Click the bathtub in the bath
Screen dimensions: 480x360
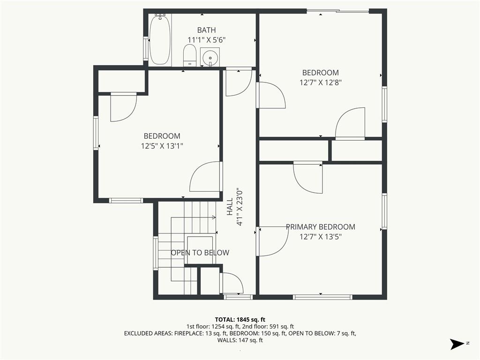(x=160, y=39)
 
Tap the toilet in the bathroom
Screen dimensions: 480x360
(x=190, y=55)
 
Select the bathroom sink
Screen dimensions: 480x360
(x=210, y=57)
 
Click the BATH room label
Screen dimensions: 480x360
(x=206, y=30)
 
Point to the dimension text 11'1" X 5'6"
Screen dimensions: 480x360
(x=206, y=40)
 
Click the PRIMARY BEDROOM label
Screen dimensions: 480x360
(x=321, y=227)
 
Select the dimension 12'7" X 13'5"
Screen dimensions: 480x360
(x=321, y=237)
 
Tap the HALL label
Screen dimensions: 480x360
(x=230, y=206)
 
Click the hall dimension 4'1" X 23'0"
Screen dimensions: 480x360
(x=240, y=206)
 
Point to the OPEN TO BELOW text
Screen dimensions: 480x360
(x=200, y=253)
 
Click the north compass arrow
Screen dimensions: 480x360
(x=457, y=344)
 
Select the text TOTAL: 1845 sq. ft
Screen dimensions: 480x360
(x=240, y=320)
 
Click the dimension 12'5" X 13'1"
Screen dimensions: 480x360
(x=162, y=146)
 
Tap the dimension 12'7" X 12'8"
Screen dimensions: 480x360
(x=321, y=82)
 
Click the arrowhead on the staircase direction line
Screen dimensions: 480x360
(x=214, y=217)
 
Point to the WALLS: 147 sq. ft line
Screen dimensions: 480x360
(x=240, y=340)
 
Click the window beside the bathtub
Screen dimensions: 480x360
(x=146, y=50)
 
